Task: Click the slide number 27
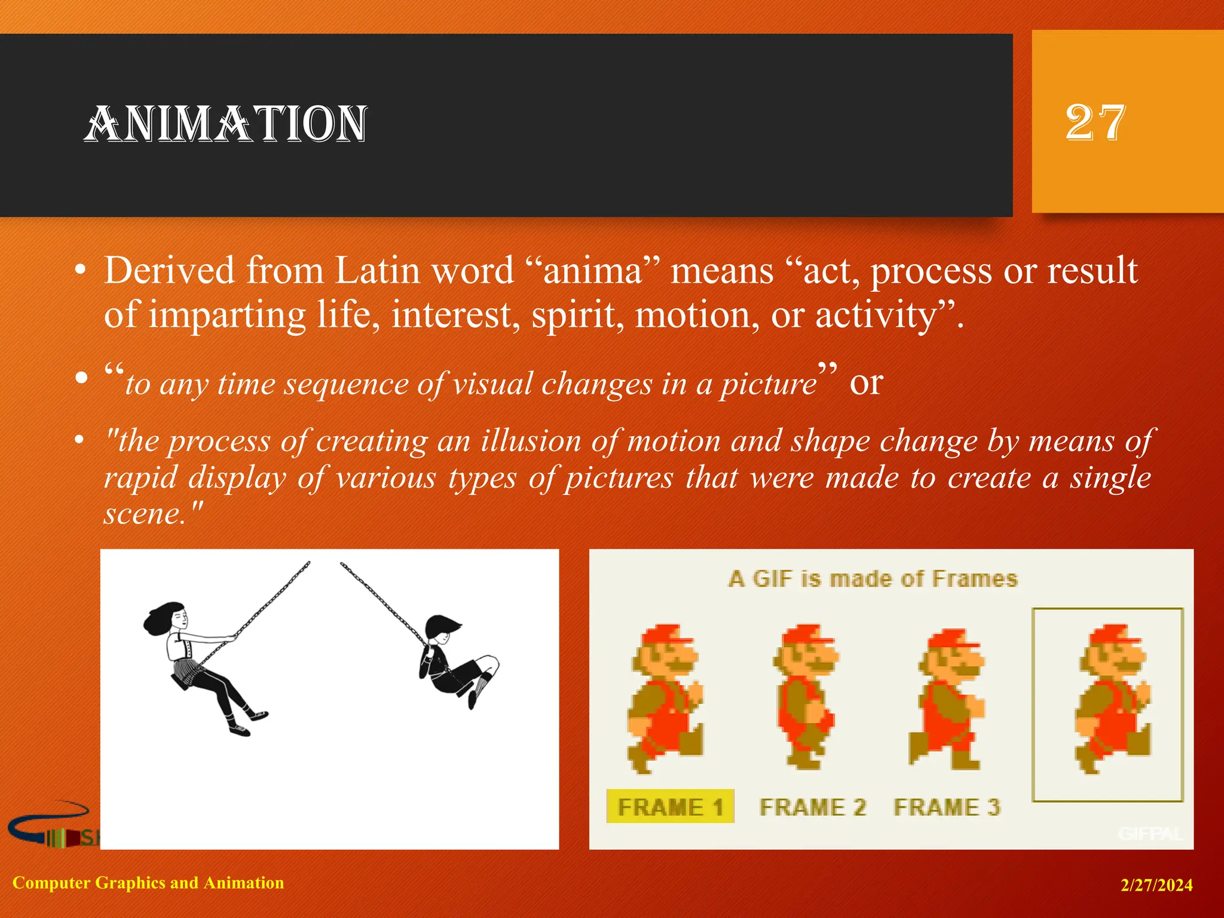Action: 1095,123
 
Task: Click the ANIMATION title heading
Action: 225,124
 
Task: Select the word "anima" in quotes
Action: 592,271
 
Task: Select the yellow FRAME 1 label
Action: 670,807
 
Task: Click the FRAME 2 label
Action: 812,807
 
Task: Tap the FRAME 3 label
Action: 947,807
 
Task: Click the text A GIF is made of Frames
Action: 873,579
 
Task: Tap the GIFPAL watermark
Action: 1150,834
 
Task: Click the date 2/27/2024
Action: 1156,885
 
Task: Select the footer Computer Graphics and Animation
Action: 148,883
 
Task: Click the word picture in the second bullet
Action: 768,384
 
